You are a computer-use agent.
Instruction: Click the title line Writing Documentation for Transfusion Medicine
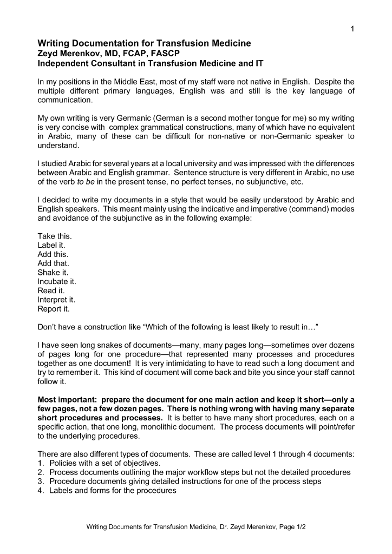144,43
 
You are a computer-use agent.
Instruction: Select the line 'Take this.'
54,236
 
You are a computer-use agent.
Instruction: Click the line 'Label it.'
51,246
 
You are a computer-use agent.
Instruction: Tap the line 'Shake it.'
53,273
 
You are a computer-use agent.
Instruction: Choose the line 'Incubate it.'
57,282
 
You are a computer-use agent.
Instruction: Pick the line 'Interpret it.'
56,300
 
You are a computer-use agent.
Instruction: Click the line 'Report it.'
53,309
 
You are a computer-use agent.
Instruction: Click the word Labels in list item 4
61,491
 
